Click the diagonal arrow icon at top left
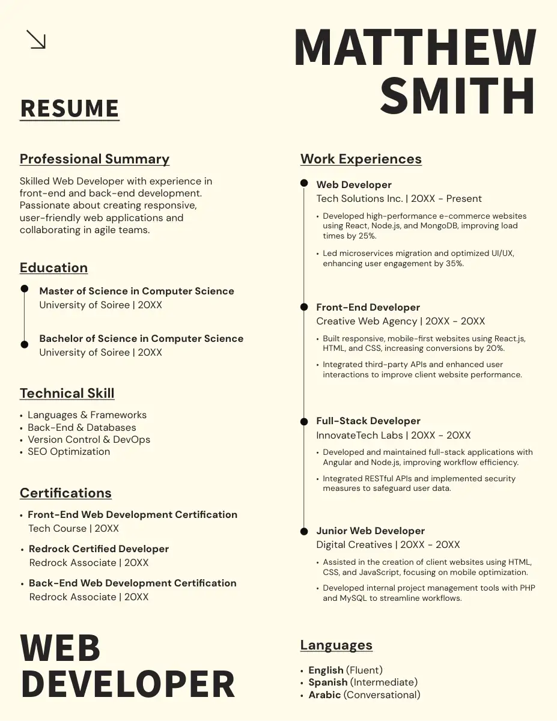(36, 40)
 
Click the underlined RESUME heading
(70, 109)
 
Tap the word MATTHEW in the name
(415, 48)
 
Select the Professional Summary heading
(94, 159)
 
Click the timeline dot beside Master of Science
(25, 289)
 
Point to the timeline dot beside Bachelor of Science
(25, 344)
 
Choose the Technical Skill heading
(67, 394)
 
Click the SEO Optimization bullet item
(68, 452)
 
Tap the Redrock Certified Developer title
(99, 549)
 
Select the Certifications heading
(65, 493)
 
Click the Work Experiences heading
(361, 159)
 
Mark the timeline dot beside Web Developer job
(304, 183)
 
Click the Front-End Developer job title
(368, 308)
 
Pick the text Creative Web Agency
(367, 321)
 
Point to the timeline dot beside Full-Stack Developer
(304, 421)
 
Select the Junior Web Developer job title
(370, 531)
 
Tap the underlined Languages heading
(336, 645)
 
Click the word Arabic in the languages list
(324, 695)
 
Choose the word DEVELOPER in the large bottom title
(127, 684)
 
